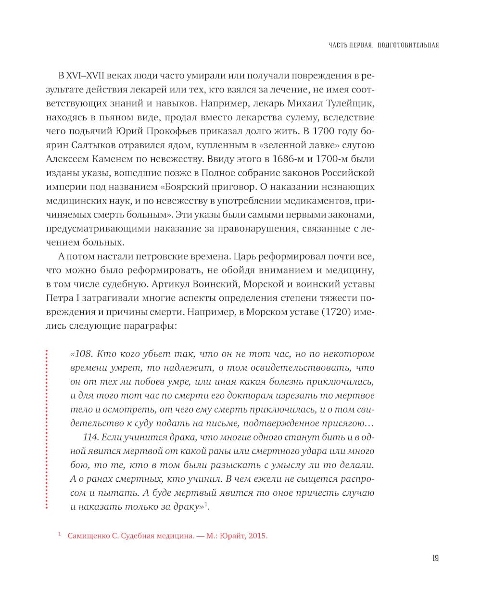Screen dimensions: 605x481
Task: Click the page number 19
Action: pyautogui.click(x=435, y=558)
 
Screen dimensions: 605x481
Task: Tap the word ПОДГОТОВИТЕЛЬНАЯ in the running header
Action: pyautogui.click(x=408, y=46)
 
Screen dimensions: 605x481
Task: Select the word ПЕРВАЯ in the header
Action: pyautogui.click(x=359, y=46)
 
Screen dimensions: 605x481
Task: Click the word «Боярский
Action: pyautogui.click(x=179, y=187)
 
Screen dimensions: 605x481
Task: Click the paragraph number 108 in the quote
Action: pyautogui.click(x=83, y=354)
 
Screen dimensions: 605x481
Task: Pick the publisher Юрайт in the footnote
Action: pyautogui.click(x=232, y=536)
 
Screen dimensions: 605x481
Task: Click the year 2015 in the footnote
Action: pyautogui.click(x=257, y=536)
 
